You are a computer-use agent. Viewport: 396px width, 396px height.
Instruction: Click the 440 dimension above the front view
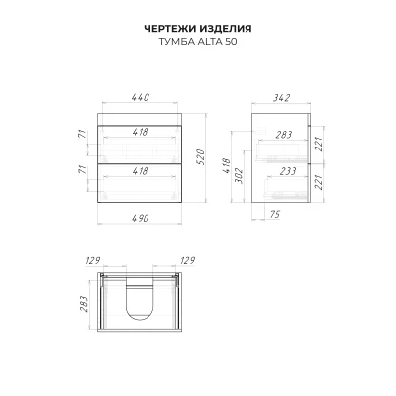tap(141, 97)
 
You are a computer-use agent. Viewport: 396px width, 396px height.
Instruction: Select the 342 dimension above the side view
tap(281, 98)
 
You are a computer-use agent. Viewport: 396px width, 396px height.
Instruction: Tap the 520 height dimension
tap(201, 157)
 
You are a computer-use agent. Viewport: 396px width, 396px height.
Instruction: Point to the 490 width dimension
tap(140, 218)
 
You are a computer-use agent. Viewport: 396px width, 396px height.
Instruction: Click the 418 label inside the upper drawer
tap(140, 132)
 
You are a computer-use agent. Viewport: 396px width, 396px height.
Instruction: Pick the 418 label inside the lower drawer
tap(140, 171)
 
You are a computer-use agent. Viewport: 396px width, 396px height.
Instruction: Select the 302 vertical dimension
tap(239, 175)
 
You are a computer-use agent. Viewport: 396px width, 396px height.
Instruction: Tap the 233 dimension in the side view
tap(288, 171)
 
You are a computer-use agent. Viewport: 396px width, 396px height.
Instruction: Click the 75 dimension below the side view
tap(274, 214)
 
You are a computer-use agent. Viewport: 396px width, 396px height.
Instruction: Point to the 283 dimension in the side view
tap(284, 135)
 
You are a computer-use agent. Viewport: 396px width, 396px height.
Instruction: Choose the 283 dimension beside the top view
tap(83, 304)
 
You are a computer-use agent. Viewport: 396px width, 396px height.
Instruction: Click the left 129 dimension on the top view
tap(93, 261)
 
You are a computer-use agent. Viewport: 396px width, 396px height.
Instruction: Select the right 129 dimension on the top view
tap(187, 261)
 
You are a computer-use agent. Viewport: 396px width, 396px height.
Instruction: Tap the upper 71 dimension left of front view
tap(83, 134)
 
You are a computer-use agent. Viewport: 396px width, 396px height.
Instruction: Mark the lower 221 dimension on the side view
tap(318, 182)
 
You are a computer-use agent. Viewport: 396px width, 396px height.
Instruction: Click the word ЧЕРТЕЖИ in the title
tap(170, 29)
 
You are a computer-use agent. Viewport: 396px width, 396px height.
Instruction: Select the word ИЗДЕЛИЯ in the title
tap(226, 29)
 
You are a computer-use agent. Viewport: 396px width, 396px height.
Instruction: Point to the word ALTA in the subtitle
tap(210, 42)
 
